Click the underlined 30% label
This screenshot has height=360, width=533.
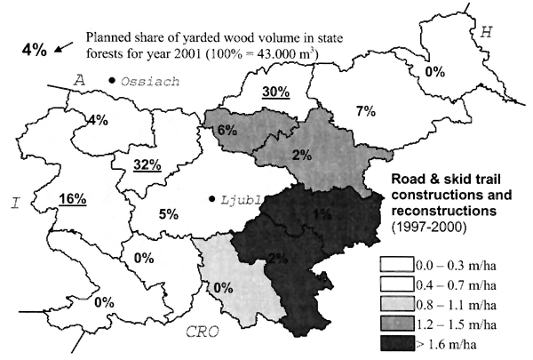pyautogui.click(x=276, y=92)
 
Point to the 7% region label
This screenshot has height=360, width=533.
pyautogui.click(x=341, y=112)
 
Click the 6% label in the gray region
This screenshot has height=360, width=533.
pyautogui.click(x=226, y=129)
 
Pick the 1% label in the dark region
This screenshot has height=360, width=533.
pyautogui.click(x=322, y=213)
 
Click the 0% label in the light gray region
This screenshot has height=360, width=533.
pyautogui.click(x=222, y=287)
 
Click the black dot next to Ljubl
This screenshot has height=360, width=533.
pyautogui.click(x=212, y=199)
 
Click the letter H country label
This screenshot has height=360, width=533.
pyautogui.click(x=485, y=33)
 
